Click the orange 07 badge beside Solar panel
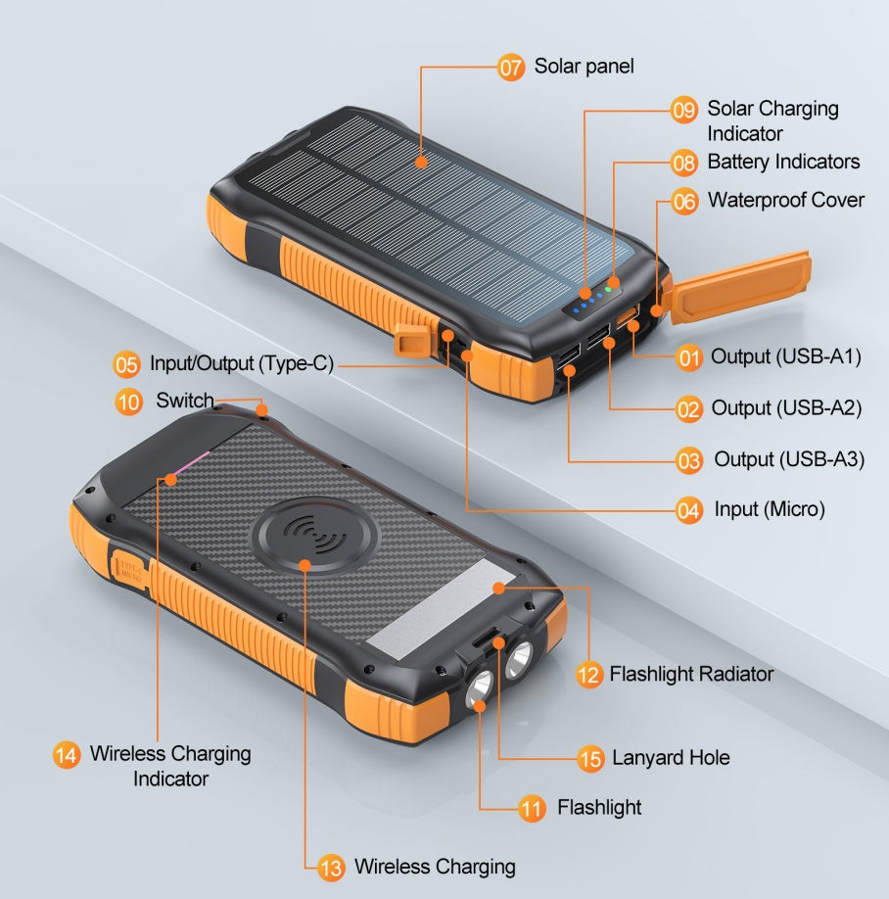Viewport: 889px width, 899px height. click(x=511, y=68)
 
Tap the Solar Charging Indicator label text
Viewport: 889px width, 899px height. click(x=772, y=120)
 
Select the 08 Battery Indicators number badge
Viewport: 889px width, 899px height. click(x=684, y=163)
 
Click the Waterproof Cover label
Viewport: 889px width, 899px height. click(x=785, y=201)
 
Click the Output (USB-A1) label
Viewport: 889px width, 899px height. click(x=785, y=357)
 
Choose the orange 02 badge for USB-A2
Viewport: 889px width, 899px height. click(x=689, y=408)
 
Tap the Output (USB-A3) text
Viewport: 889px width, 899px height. click(x=788, y=459)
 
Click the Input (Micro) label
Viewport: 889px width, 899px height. click(x=769, y=509)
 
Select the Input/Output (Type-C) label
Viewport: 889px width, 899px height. click(x=241, y=364)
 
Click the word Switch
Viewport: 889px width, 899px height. click(x=184, y=401)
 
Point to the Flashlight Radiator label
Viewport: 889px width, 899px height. click(x=690, y=674)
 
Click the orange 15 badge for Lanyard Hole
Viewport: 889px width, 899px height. click(x=589, y=758)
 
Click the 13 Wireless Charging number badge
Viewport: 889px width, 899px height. click(x=332, y=867)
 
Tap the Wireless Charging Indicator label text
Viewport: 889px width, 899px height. click(x=170, y=766)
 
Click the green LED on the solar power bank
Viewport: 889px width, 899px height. click(x=608, y=289)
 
